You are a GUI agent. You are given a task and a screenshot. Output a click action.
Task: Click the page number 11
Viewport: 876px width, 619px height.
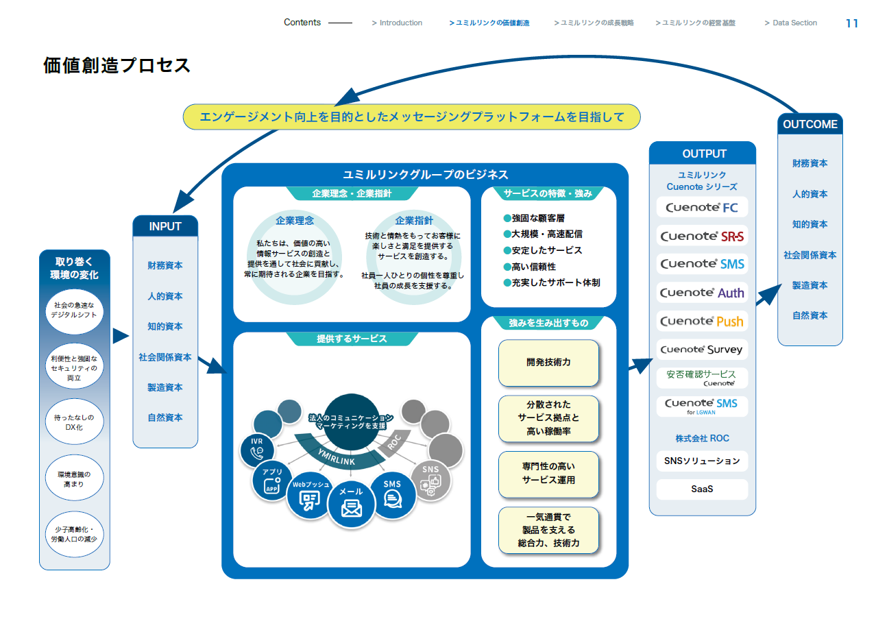click(x=852, y=23)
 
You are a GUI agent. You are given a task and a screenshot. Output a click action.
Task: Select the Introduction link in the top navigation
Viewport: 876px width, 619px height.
click(x=397, y=23)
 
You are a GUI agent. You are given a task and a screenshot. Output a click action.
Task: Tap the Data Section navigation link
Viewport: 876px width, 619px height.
click(x=791, y=23)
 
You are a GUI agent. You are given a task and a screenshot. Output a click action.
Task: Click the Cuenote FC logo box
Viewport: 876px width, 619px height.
click(x=702, y=207)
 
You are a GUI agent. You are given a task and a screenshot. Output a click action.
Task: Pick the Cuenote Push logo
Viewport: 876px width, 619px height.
click(x=702, y=321)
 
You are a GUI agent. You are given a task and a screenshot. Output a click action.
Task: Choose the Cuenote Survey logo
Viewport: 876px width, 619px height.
click(x=702, y=349)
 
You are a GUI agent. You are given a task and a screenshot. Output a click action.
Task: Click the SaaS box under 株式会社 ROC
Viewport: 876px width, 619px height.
click(x=702, y=489)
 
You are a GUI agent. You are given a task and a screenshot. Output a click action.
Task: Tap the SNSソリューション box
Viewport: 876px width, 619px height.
click(x=702, y=461)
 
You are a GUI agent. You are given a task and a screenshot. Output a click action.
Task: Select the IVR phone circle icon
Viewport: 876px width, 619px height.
click(x=257, y=450)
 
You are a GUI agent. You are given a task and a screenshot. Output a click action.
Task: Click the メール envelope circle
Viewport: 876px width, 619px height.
click(x=351, y=504)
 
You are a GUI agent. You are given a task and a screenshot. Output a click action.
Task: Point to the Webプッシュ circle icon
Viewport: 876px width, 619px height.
click(x=310, y=496)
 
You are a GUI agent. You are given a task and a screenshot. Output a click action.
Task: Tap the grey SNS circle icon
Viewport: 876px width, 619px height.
click(x=430, y=481)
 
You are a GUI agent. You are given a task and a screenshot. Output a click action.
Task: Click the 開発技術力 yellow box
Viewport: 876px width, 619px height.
click(x=548, y=363)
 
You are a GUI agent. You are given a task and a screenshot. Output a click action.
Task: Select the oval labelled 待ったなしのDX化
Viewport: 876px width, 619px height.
click(x=74, y=422)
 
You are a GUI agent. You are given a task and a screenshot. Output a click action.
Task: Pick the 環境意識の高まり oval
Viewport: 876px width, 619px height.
click(x=74, y=478)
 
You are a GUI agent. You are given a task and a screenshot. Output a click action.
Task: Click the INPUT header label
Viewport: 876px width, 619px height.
click(x=165, y=226)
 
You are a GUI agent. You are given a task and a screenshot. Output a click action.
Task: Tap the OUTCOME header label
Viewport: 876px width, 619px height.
click(x=810, y=124)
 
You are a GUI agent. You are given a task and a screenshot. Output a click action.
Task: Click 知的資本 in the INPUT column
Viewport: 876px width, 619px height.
click(x=165, y=326)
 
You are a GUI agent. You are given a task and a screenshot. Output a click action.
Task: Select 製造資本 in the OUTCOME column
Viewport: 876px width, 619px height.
click(x=810, y=285)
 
